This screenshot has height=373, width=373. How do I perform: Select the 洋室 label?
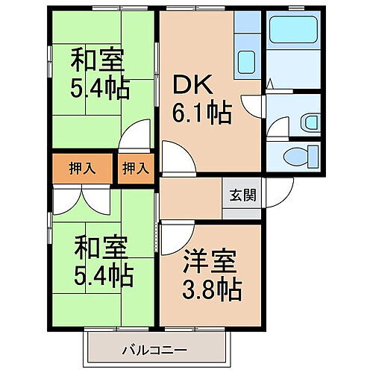211,263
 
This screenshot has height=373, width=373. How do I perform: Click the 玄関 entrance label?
242,196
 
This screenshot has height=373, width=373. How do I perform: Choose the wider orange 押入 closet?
81,169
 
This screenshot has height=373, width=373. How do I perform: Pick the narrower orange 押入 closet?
135,169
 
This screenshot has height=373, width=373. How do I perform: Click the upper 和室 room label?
98,59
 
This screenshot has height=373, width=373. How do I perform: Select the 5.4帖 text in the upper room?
101,88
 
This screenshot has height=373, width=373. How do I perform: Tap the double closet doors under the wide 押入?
81,198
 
